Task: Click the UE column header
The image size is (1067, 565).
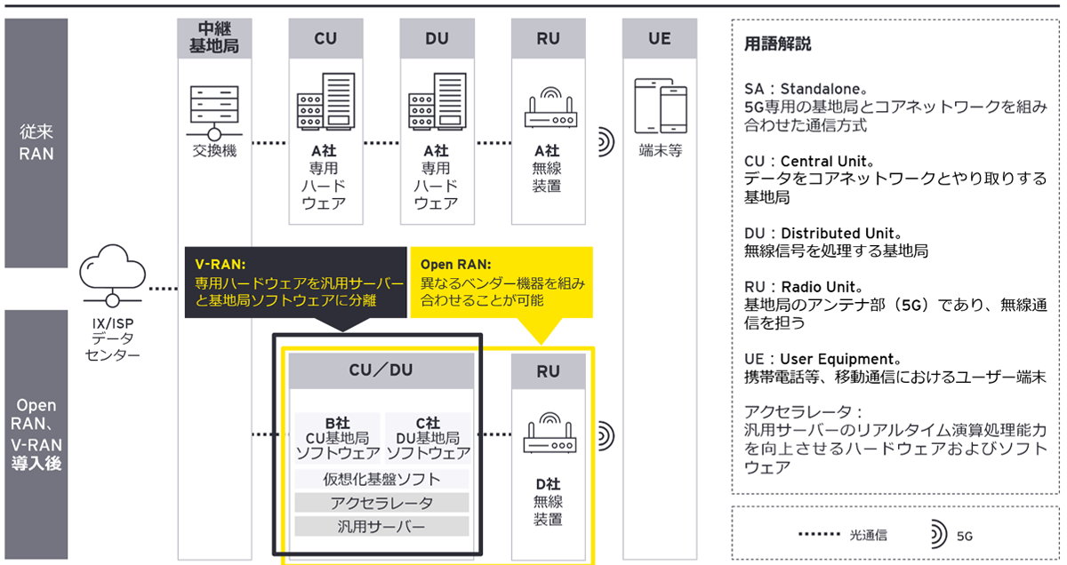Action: [x=660, y=39]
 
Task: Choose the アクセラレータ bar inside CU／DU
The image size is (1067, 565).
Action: [x=381, y=503]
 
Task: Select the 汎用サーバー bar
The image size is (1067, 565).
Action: [x=381, y=526]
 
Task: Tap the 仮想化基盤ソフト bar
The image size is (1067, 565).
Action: [x=381, y=480]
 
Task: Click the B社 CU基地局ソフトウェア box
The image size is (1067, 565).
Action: [x=337, y=438]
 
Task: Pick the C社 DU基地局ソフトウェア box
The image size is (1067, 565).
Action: [x=428, y=438]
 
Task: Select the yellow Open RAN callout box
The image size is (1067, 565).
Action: [x=501, y=282]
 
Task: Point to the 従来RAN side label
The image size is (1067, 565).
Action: [x=36, y=143]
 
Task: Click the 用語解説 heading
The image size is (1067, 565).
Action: [x=777, y=44]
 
